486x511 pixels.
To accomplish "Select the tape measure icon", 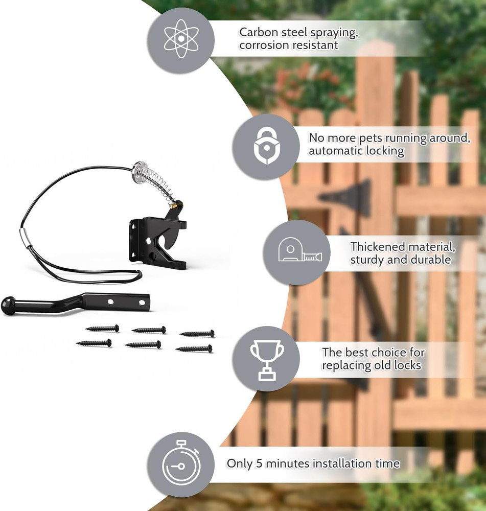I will (x=296, y=253).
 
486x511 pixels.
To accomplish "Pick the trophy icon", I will (x=266, y=359).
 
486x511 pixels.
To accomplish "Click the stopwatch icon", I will (x=180, y=465).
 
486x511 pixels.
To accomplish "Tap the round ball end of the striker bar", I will (x=10, y=305).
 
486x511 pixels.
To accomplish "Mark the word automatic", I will (x=334, y=151).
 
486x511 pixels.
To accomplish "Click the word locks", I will (x=407, y=365).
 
